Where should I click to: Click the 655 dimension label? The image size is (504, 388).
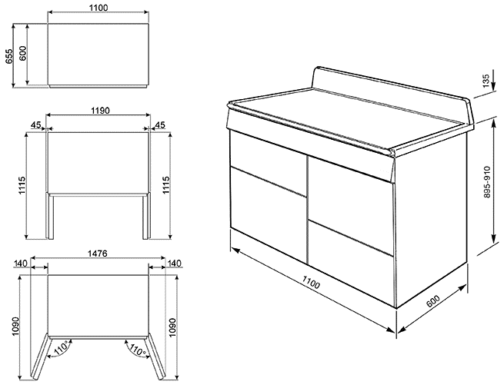click(x=9, y=55)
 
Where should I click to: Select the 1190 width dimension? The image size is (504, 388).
click(x=100, y=111)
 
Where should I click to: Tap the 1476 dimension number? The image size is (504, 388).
click(x=98, y=254)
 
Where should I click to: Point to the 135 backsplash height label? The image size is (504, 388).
click(x=486, y=81)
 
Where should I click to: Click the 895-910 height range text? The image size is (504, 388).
click(x=487, y=182)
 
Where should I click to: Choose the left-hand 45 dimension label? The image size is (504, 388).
click(x=35, y=124)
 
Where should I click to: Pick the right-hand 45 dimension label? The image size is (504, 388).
click(x=160, y=124)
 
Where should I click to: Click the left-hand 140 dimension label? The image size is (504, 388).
click(x=21, y=264)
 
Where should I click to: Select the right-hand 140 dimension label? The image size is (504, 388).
click(x=175, y=264)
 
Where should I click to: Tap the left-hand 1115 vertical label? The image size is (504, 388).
click(x=22, y=185)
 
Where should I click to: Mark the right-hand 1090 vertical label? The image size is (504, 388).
click(x=172, y=327)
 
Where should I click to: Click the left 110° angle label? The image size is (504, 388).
click(x=61, y=348)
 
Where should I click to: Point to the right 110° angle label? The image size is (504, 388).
click(x=137, y=350)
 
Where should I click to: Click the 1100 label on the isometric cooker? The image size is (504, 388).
click(x=311, y=283)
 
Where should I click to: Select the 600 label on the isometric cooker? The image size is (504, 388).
click(x=433, y=300)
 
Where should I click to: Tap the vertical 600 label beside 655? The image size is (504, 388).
click(x=23, y=53)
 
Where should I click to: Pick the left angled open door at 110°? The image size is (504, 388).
click(x=41, y=356)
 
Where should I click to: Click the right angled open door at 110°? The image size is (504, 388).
click(x=155, y=356)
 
